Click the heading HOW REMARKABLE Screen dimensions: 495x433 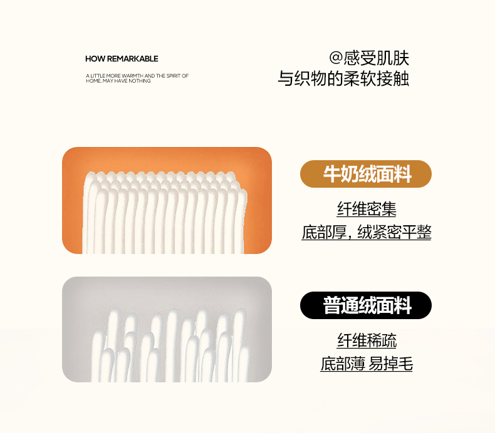click(x=122, y=59)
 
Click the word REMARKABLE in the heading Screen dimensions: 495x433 click(x=133, y=59)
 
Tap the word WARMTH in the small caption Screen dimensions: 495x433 click(x=133, y=76)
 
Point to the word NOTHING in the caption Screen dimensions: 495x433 click(x=140, y=81)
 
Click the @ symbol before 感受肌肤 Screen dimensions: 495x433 click(x=336, y=58)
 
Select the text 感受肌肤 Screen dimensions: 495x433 click(x=376, y=58)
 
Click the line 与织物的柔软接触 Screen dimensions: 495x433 click(x=343, y=78)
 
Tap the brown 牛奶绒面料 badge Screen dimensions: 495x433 click(x=366, y=174)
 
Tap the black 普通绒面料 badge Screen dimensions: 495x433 click(x=366, y=305)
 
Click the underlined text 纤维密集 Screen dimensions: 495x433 click(x=367, y=209)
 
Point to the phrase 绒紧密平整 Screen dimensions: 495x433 click(x=394, y=232)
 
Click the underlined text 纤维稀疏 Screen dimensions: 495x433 click(x=367, y=340)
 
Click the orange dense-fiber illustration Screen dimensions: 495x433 click(x=167, y=200)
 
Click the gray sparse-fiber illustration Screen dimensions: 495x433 click(x=167, y=329)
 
